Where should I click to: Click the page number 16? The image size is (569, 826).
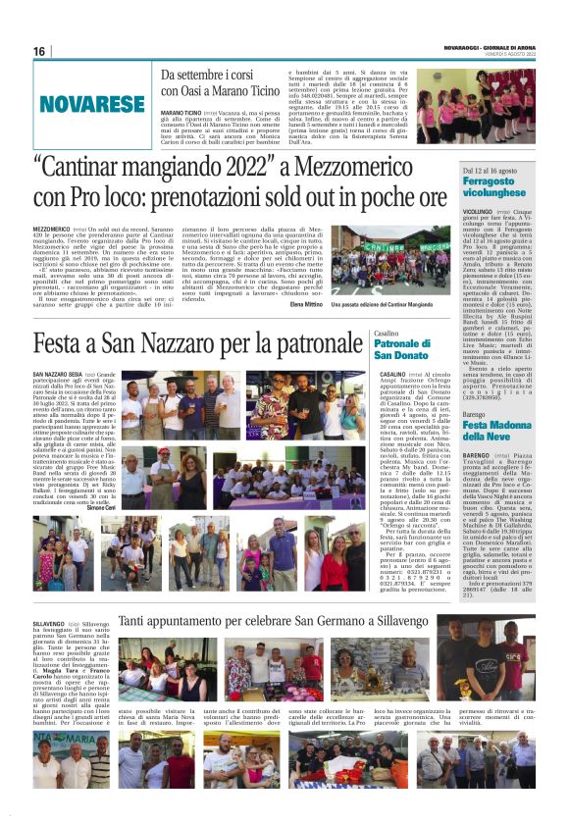(x=40, y=51)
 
